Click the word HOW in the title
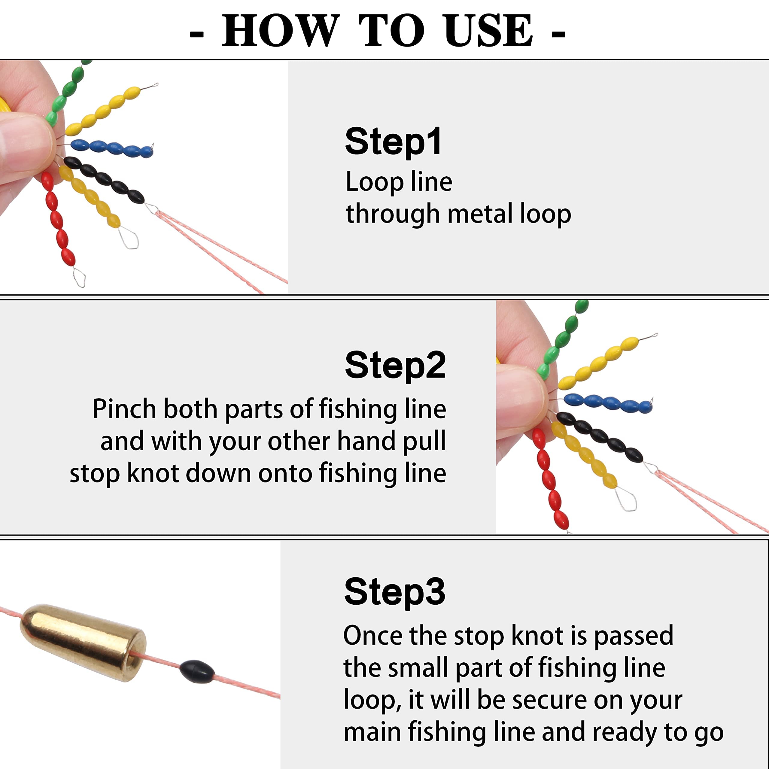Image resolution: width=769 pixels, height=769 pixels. click(x=281, y=30)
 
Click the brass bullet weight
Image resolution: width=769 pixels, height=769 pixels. click(x=83, y=642)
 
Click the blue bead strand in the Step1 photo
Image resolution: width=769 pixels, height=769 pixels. click(x=112, y=148)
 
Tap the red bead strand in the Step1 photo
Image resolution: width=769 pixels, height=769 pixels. click(x=58, y=219)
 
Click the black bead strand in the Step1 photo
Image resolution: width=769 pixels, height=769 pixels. click(x=104, y=180)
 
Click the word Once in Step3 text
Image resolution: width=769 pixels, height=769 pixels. click(x=373, y=636)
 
